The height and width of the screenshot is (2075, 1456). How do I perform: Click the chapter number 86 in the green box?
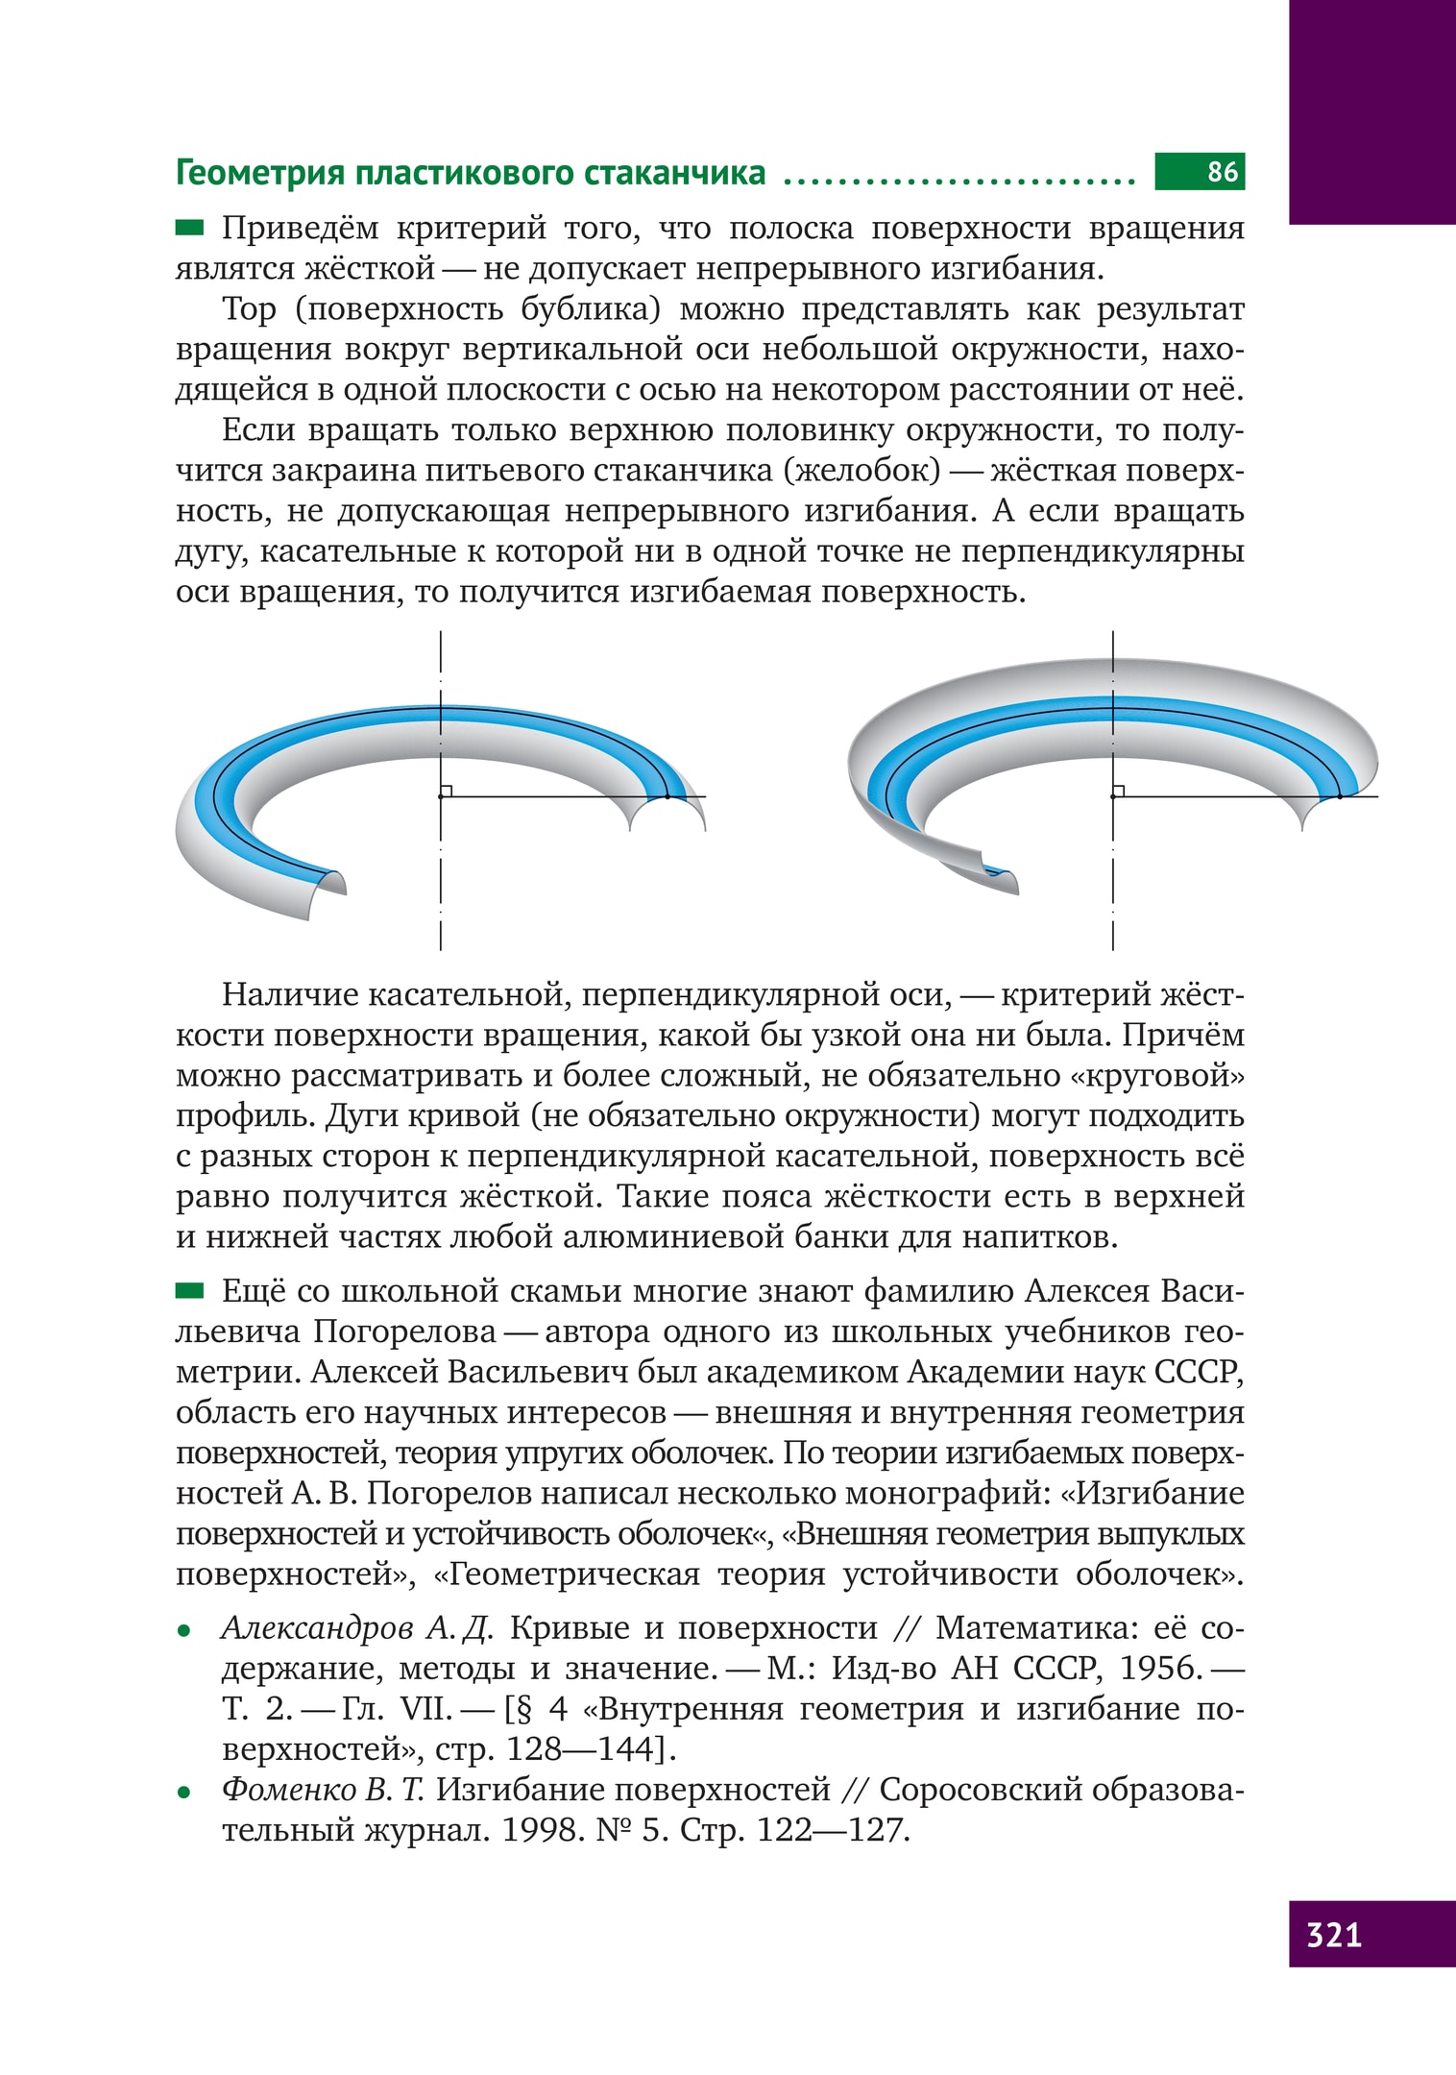[1223, 172]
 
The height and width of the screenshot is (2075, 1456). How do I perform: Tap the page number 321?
[1334, 1934]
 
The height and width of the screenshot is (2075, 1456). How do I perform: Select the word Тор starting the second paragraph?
[249, 310]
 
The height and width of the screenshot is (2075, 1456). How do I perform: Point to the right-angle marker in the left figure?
[446, 791]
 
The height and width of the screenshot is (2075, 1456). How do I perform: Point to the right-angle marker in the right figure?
[1118, 791]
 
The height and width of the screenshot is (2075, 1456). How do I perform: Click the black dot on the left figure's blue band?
[667, 796]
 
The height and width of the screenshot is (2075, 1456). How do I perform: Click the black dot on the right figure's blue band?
[1340, 796]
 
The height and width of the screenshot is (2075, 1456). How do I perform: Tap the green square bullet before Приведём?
[189, 228]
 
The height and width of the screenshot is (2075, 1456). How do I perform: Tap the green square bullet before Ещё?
[189, 1291]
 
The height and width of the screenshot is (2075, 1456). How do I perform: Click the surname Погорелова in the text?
[404, 1332]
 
